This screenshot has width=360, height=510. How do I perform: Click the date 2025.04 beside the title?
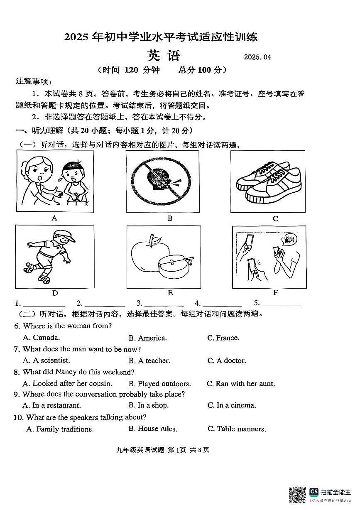(257, 57)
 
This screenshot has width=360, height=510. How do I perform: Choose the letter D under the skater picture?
(55, 293)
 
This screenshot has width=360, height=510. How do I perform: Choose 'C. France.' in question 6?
(223, 338)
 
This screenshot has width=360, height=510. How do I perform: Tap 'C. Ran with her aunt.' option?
(241, 384)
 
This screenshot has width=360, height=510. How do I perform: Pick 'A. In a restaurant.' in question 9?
(51, 405)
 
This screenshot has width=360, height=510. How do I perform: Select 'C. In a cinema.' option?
(232, 405)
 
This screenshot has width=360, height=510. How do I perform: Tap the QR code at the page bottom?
(297, 495)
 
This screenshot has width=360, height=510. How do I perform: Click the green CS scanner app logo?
(314, 492)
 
